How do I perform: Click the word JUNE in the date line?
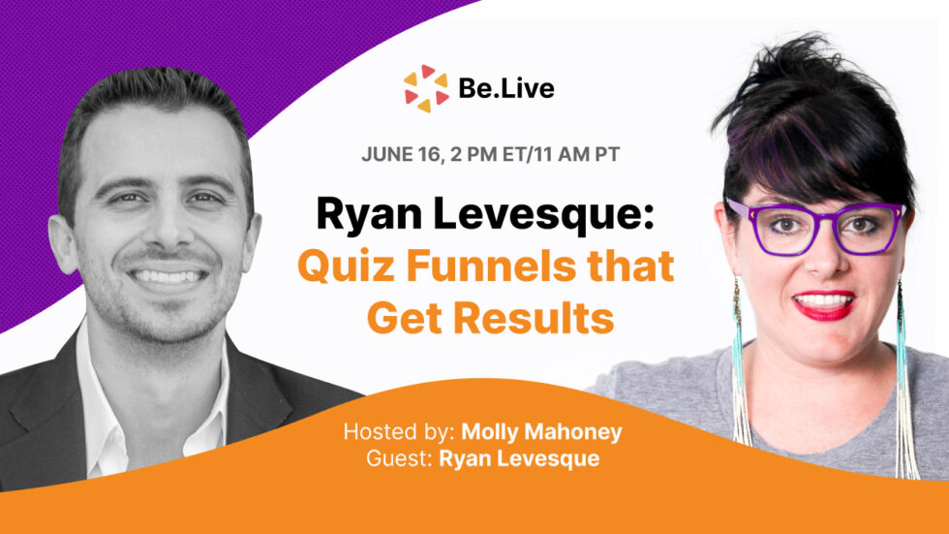[x=386, y=153]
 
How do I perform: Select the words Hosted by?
[x=398, y=431]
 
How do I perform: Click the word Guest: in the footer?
[x=398, y=457]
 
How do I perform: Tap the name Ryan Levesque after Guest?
[x=519, y=457]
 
